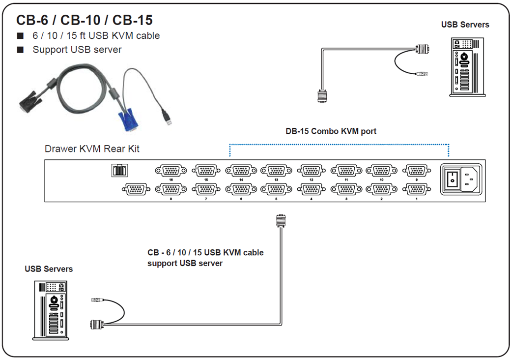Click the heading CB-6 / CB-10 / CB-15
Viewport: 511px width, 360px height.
[x=84, y=20]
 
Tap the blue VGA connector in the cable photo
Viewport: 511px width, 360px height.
[x=127, y=121]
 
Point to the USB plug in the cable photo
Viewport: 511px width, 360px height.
[x=168, y=119]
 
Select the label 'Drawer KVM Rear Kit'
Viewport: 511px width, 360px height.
[x=92, y=149]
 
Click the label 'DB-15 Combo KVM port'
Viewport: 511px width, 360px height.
[x=331, y=131]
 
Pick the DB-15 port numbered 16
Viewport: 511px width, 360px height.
[x=170, y=171]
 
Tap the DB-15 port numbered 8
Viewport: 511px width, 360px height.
[x=170, y=189]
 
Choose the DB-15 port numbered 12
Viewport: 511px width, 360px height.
[x=311, y=171]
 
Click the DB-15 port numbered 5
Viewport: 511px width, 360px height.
[x=276, y=189]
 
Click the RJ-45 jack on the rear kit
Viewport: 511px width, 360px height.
[x=119, y=170]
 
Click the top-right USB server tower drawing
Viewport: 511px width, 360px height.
[x=464, y=66]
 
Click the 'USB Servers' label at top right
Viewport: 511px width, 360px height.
[x=465, y=25]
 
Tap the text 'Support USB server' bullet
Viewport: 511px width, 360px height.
[x=77, y=50]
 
